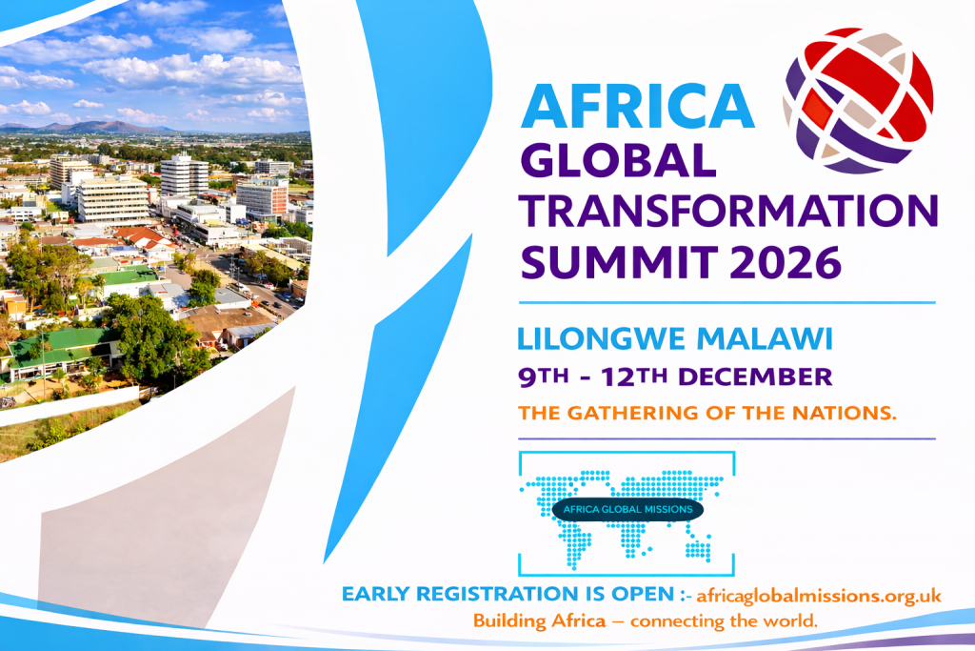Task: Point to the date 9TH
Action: (x=544, y=377)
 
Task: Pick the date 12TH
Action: (x=635, y=377)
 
